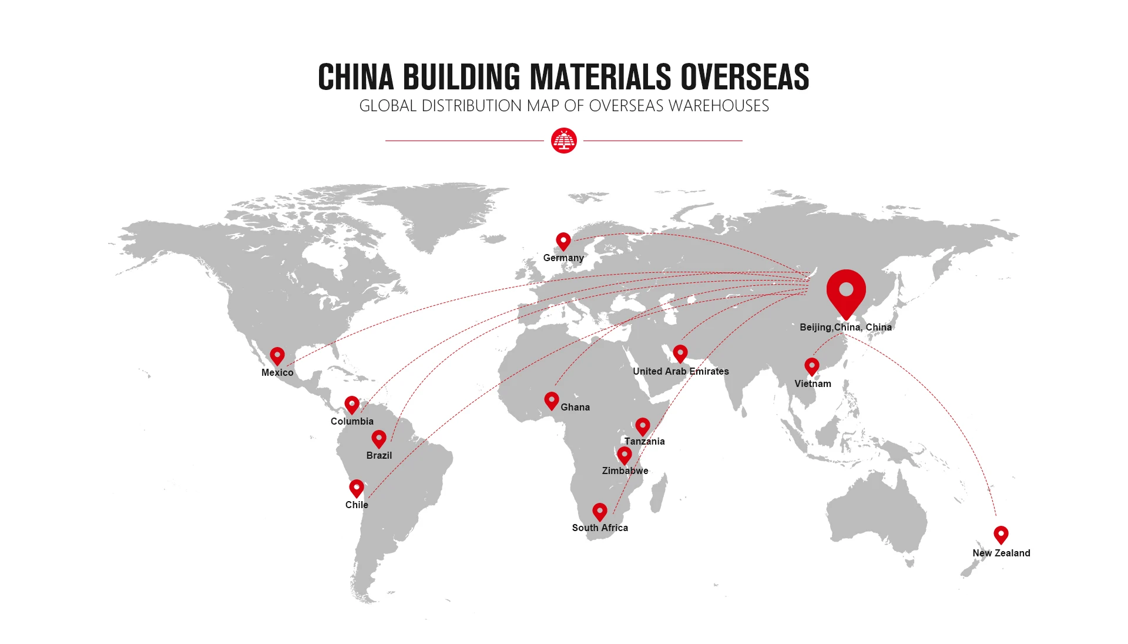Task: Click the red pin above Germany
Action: pyautogui.click(x=563, y=241)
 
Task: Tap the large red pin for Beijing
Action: pyautogui.click(x=846, y=292)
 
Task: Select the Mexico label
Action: pyautogui.click(x=277, y=372)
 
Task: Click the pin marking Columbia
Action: pyautogui.click(x=352, y=405)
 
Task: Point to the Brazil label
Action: pyautogui.click(x=379, y=455)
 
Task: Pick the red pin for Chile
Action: pyautogui.click(x=357, y=488)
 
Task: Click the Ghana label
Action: pyautogui.click(x=575, y=407)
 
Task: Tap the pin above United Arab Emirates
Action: pyautogui.click(x=680, y=353)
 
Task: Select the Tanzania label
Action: pyautogui.click(x=644, y=441)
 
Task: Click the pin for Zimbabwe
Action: pyautogui.click(x=625, y=455)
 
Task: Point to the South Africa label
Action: pyautogui.click(x=600, y=528)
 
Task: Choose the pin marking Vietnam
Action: pyautogui.click(x=812, y=366)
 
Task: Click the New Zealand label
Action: pyautogui.click(x=1001, y=553)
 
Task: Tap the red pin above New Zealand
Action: pyautogui.click(x=1001, y=535)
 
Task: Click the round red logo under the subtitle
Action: pyautogui.click(x=564, y=141)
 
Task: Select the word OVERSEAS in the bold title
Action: pyautogui.click(x=744, y=77)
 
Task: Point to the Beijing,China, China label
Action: pyautogui.click(x=845, y=327)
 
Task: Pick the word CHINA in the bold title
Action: pyautogui.click(x=355, y=77)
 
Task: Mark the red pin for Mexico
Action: pyautogui.click(x=277, y=356)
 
